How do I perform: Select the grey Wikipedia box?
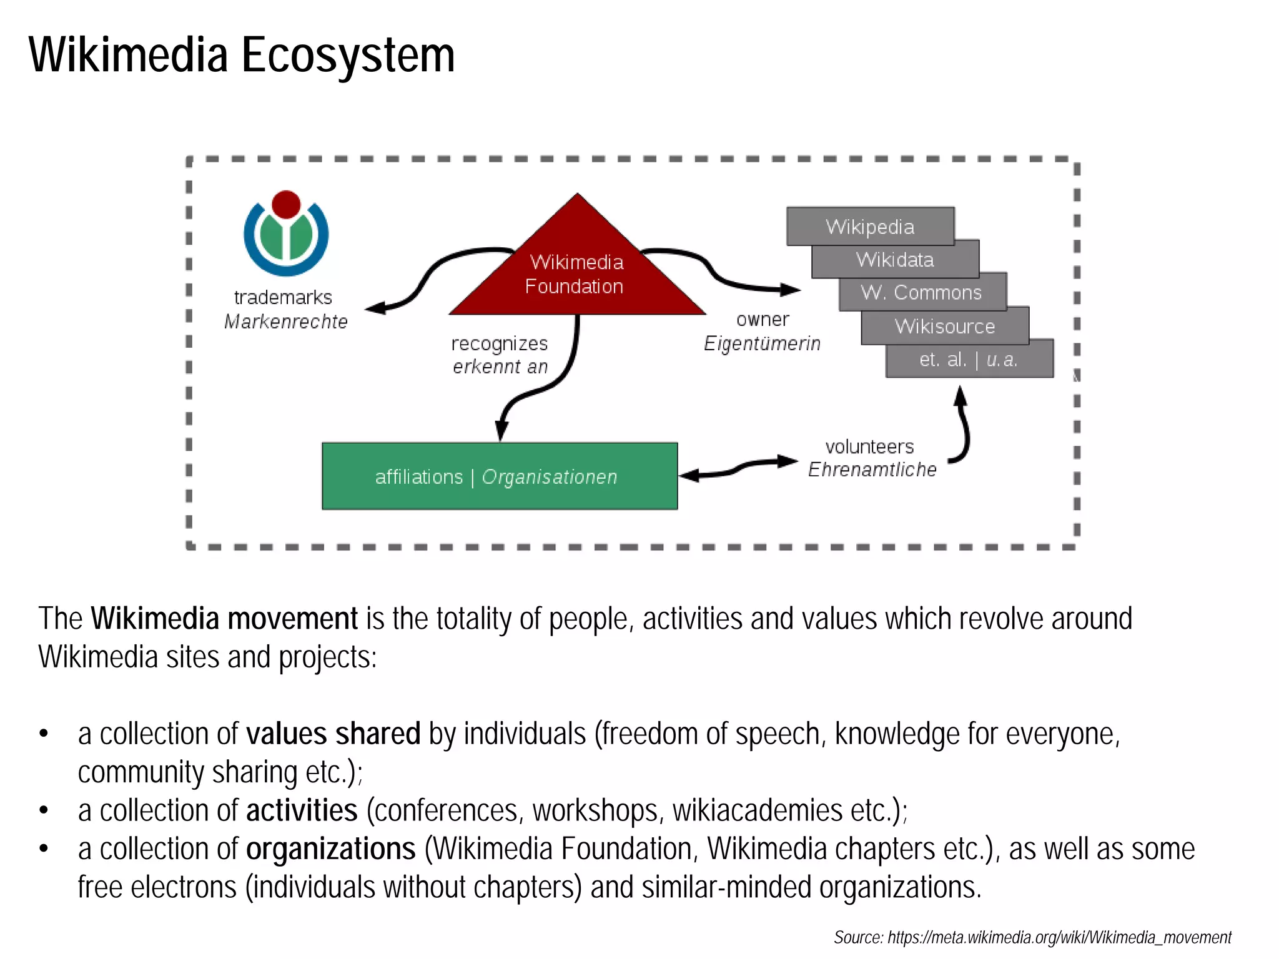pos(870,225)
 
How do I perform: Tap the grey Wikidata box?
pos(895,259)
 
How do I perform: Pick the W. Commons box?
pos(922,292)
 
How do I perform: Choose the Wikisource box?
pos(944,326)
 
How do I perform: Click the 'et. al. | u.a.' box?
pos(969,360)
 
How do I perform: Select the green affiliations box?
pos(499,476)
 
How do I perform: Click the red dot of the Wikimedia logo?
pos(286,204)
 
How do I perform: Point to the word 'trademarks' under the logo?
pos(283,297)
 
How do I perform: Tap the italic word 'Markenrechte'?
pos(285,322)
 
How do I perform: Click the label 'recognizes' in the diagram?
pos(499,343)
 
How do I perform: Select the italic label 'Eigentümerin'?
pos(762,343)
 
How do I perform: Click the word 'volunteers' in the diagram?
pos(869,446)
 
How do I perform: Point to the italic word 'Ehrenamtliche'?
pos(872,470)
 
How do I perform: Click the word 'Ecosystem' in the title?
pos(348,55)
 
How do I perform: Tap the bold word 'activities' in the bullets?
pos(302,810)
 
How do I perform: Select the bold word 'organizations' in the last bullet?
pos(330,849)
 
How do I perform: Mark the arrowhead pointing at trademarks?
pos(375,307)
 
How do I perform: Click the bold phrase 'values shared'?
pos(333,734)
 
